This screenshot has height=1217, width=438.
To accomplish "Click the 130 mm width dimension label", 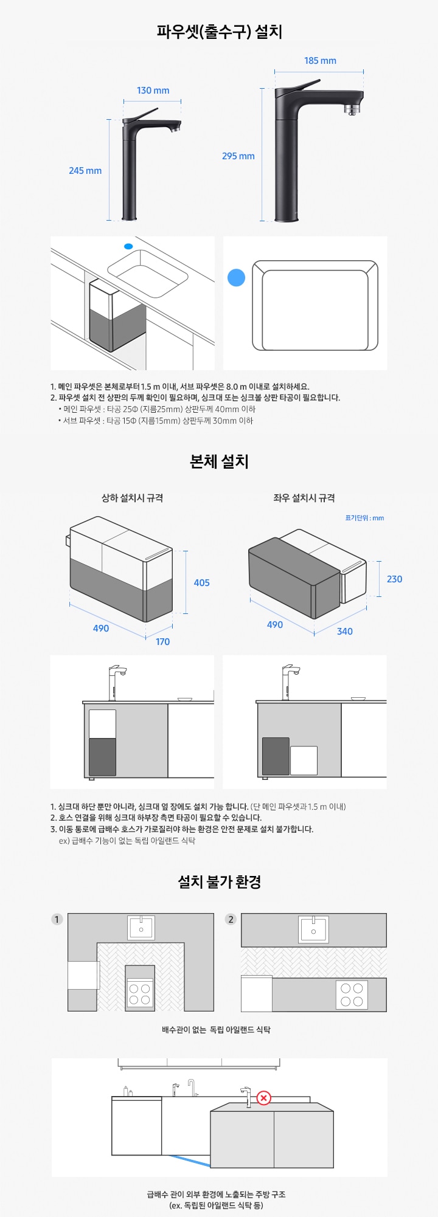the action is coord(153,91).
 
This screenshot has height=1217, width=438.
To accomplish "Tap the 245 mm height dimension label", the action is coord(85,171).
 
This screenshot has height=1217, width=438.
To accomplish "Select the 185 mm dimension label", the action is coord(320,61).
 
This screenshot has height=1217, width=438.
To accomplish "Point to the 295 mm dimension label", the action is coord(238,156).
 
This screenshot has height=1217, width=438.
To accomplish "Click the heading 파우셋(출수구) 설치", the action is coord(219,31).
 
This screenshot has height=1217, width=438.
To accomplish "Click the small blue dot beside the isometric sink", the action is coord(128,246).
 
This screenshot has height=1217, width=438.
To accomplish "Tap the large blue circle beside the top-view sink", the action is coord(236,277).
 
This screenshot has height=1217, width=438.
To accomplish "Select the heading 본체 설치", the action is coord(219,461).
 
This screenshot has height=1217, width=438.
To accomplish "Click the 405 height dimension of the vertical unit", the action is coord(201,583).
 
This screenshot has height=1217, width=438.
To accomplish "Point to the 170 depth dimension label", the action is coord(162,642).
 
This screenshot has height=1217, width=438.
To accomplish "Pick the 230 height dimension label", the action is coord(394,579).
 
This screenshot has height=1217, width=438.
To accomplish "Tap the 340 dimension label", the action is coord(345,632).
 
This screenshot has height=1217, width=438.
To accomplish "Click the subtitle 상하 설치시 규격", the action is coord(132,498).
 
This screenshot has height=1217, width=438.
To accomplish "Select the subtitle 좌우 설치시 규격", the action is coord(304,498).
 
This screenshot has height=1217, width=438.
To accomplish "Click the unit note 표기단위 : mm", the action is coord(364,519).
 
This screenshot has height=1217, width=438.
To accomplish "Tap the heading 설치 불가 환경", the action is coord(219,881).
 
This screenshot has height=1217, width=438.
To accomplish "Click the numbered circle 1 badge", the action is coord(57,919).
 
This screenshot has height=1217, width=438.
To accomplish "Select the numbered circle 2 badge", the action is coord(231,919).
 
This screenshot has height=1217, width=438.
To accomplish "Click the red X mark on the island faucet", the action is coord(264,1098).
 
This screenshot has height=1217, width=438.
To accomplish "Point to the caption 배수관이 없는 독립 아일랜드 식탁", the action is coord(216,1030).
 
